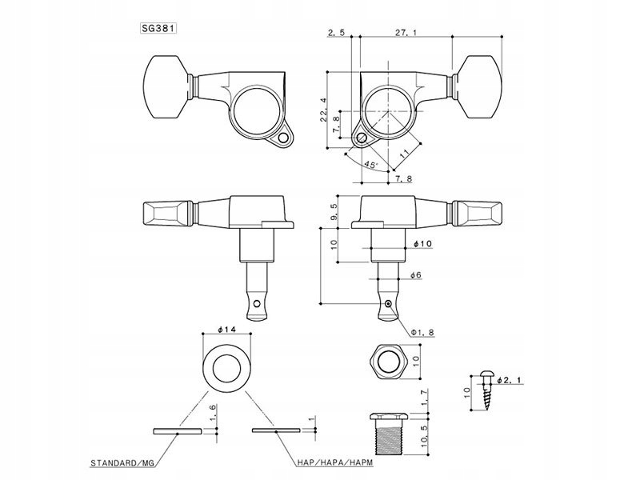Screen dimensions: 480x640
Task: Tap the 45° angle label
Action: click(x=371, y=165)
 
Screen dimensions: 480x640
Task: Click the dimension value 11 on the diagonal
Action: click(x=405, y=150)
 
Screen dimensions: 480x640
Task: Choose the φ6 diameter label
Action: click(x=414, y=276)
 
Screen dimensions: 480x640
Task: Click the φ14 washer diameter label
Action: click(x=227, y=330)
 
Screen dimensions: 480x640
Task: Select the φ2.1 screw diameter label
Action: click(x=510, y=381)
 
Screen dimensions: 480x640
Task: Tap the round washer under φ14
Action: click(x=227, y=366)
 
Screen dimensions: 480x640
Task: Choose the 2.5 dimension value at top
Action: click(x=336, y=32)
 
